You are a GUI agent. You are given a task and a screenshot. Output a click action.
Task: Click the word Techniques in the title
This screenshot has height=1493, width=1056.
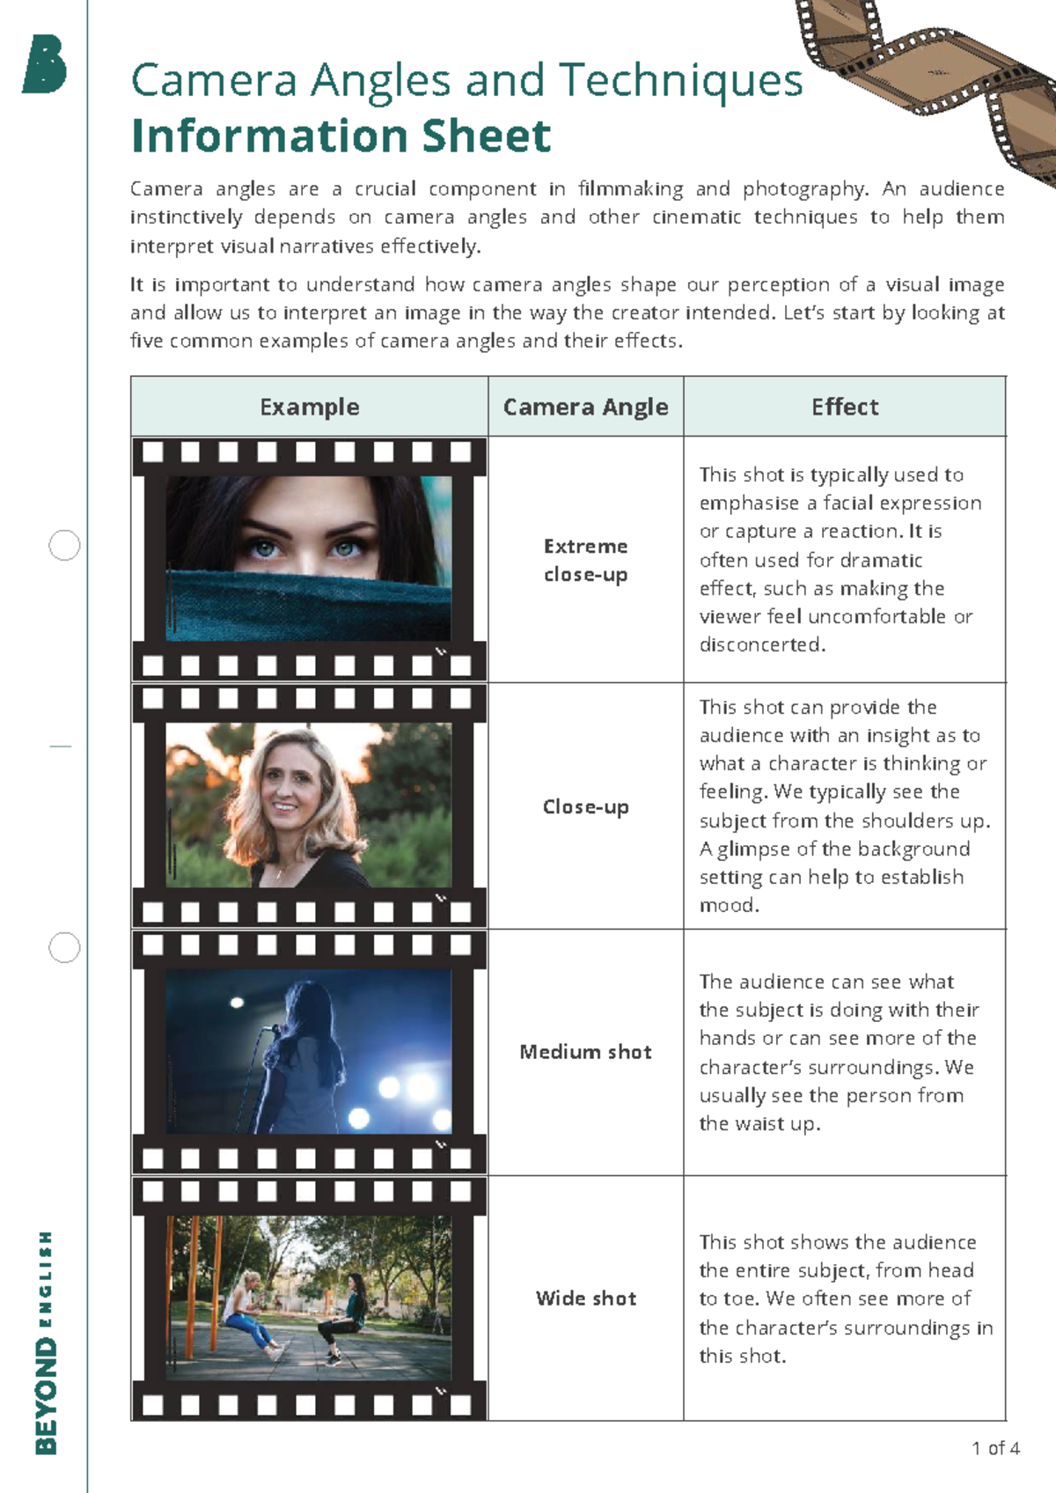[x=680, y=81]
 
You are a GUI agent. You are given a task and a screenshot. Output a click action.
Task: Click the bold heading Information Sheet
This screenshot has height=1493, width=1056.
[x=341, y=136]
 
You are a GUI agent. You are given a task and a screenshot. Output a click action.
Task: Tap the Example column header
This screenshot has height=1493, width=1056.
[x=309, y=407]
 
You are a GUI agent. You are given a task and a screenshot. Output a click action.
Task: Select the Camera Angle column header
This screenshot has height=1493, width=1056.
[x=585, y=408]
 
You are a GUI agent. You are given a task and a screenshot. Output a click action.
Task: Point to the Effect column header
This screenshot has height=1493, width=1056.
[x=845, y=407]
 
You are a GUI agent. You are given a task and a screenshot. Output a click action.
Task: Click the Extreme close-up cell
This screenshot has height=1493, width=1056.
[x=585, y=560]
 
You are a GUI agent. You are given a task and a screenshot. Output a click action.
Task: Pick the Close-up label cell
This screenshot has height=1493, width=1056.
[x=585, y=807]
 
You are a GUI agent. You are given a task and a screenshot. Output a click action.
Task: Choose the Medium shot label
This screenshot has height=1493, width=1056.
[x=585, y=1052]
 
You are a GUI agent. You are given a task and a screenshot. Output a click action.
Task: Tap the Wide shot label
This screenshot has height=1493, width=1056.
[x=586, y=1298]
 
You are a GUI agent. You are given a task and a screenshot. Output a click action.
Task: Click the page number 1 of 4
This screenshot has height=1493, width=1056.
[x=995, y=1448]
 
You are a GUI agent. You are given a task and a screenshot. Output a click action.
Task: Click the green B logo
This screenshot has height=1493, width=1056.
[x=45, y=64]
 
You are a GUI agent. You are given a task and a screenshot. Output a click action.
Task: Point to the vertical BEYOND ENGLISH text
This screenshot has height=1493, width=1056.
[x=45, y=1343]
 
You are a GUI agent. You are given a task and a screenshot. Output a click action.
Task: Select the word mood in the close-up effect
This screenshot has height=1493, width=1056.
[x=729, y=905]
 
